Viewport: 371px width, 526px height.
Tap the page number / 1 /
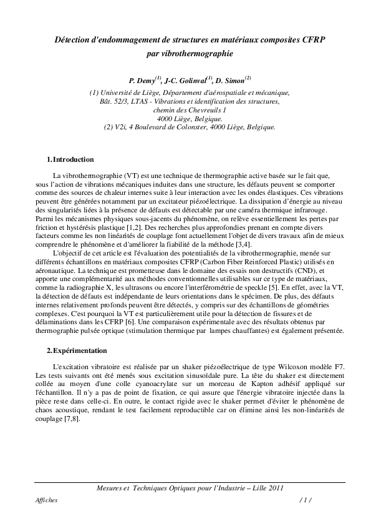point(305,500)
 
